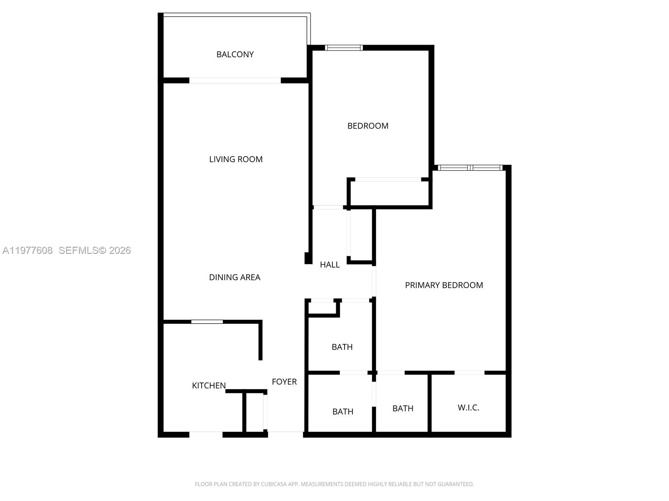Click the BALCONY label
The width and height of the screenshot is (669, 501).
[235, 54]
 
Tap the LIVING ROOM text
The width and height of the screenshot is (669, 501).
[236, 159]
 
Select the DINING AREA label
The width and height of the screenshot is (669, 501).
[235, 277]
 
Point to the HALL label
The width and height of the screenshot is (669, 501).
[329, 265]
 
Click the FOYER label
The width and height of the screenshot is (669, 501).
[284, 382]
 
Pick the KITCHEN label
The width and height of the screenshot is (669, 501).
[209, 386]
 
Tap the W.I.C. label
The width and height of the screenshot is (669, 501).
[468, 407]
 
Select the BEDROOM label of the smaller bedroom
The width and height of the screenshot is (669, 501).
[368, 126]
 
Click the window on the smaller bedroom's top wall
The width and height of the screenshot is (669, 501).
[344, 48]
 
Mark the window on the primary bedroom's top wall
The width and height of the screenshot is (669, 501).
[470, 168]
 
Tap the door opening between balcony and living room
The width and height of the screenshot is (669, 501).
[235, 81]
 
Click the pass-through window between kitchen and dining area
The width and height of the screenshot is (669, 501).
[207, 321]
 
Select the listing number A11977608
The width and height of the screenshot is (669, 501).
[28, 250]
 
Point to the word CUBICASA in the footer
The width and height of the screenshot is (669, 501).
[273, 484]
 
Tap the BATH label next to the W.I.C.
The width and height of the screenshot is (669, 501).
[403, 408]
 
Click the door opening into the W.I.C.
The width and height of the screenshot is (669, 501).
[469, 372]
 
